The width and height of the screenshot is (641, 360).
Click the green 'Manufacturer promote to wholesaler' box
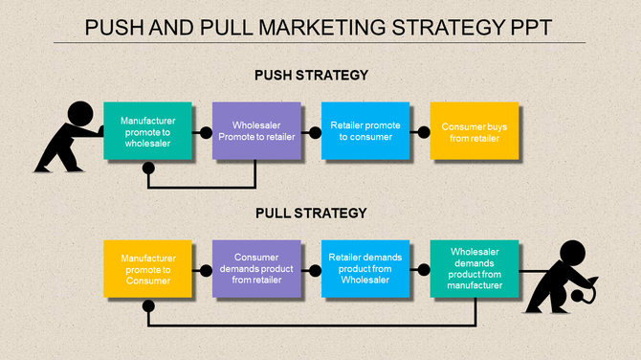[x=146, y=131]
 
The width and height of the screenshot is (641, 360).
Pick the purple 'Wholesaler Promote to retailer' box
[x=255, y=131]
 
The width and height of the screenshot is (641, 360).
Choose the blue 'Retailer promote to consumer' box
[x=365, y=131]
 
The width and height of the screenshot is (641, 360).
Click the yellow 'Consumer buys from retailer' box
[x=474, y=131]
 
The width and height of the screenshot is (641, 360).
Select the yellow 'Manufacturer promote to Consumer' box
[x=146, y=269]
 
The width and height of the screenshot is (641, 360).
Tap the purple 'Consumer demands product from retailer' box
[x=255, y=269]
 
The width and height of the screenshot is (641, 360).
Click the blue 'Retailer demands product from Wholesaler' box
[x=365, y=269]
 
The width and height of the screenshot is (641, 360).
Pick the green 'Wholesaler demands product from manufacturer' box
[x=474, y=269]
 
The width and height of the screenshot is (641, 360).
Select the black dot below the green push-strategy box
[x=148, y=169]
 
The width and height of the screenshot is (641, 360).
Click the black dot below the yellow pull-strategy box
[x=148, y=306]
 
